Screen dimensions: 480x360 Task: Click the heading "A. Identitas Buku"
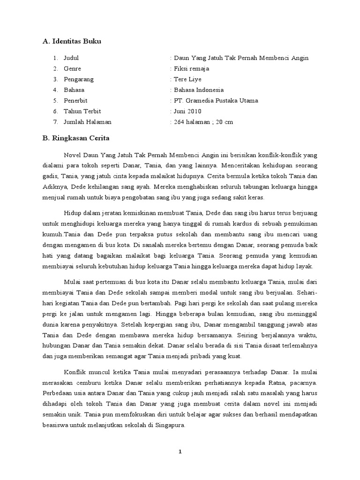tap(72, 41)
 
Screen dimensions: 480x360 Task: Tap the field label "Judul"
tap(72, 58)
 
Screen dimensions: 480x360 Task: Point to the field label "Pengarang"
tap(79, 79)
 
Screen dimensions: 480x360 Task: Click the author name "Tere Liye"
tap(187, 79)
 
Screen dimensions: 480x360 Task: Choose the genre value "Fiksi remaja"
tap(192, 68)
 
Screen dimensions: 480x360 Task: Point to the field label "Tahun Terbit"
tap(82, 111)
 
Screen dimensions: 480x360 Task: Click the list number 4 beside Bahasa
tap(55, 90)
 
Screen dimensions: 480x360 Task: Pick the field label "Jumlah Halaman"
tap(88, 122)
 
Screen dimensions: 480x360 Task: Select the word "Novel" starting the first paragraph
tap(72, 155)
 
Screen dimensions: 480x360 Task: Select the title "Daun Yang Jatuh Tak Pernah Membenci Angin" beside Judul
tap(241, 58)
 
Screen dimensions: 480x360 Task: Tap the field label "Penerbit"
tap(76, 100)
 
